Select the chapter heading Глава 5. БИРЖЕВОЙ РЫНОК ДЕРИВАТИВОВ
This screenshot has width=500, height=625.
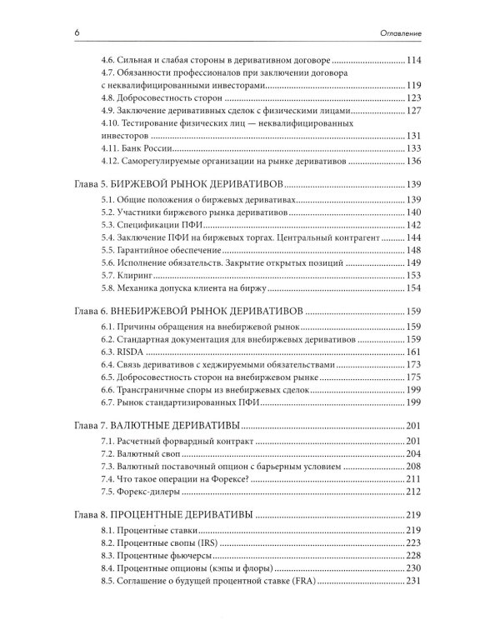tap(180, 182)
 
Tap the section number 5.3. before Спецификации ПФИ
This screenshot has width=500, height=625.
tap(107, 225)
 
